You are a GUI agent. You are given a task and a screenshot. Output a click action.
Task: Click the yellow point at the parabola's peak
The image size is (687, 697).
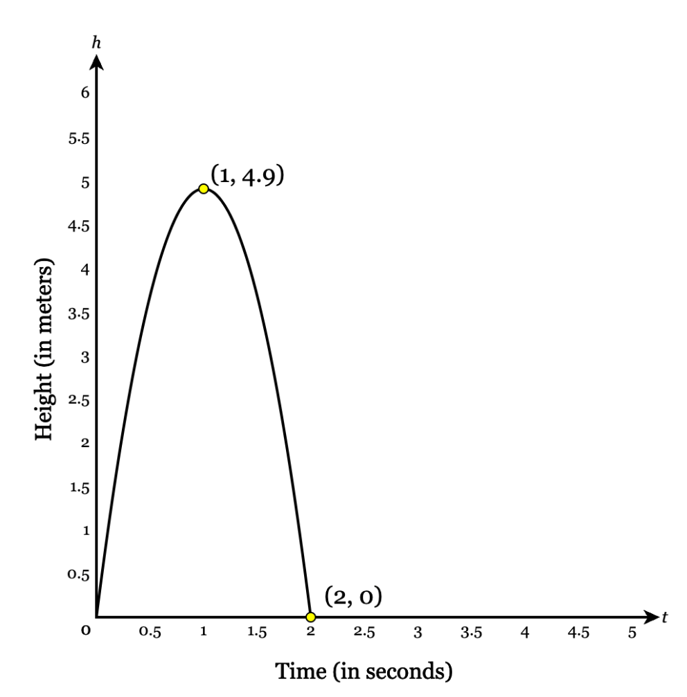tap(203, 188)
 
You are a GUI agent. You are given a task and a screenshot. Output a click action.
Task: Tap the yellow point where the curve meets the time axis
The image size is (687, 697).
tap(310, 617)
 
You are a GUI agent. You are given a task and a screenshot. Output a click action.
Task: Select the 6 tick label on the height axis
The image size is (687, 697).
tap(85, 94)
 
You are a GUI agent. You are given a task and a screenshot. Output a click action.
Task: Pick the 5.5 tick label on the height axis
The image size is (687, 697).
tap(80, 139)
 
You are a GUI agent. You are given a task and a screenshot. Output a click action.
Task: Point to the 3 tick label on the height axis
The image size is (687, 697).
tap(85, 357)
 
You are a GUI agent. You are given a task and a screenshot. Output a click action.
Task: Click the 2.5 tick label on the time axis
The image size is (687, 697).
tap(364, 633)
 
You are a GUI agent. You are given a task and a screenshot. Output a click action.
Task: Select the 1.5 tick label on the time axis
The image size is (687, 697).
tap(257, 633)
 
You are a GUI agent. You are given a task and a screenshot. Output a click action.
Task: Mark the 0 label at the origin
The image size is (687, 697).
tap(85, 631)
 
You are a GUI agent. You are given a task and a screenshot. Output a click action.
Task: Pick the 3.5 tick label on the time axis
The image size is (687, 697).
tap(471, 633)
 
